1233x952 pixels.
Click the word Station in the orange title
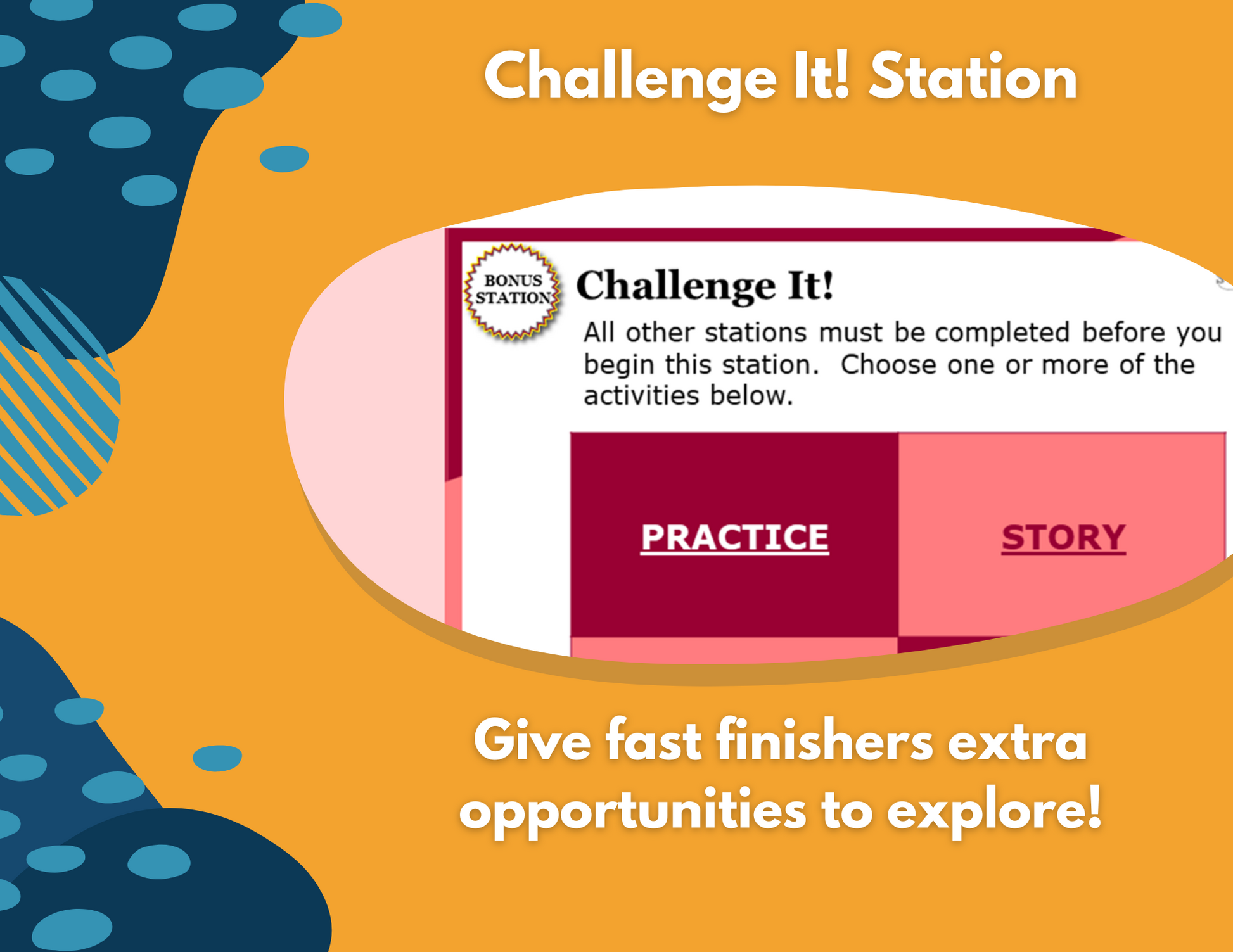point(973,77)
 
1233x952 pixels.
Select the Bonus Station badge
point(513,291)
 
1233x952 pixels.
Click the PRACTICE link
point(734,537)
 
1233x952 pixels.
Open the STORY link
point(1063,537)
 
